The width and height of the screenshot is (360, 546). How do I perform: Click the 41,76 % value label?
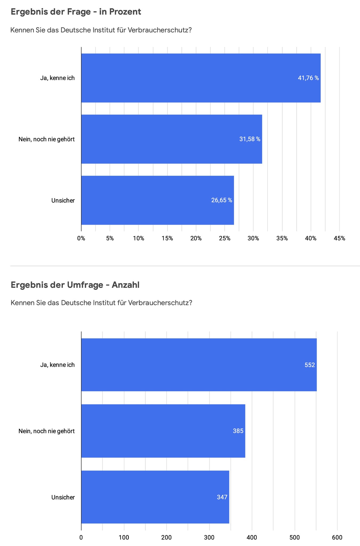(x=308, y=78)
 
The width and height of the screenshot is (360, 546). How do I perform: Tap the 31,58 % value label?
(x=249, y=139)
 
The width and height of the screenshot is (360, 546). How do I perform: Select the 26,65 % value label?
(x=221, y=200)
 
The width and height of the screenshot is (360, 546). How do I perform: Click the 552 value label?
(x=310, y=365)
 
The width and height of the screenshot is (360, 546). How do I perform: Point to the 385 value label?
(x=238, y=431)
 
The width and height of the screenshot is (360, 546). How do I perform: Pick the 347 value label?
(x=222, y=497)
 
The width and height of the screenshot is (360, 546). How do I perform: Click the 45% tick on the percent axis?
(x=339, y=239)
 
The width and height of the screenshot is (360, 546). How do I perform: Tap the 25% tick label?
(x=224, y=239)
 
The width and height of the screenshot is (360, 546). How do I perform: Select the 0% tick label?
(x=81, y=239)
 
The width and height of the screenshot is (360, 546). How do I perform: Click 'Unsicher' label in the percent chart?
(x=63, y=200)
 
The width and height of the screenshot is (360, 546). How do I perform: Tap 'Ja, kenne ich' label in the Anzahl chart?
(x=57, y=365)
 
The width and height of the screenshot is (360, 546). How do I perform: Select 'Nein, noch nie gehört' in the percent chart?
(x=46, y=139)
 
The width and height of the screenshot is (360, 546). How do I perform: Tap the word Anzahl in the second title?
(x=126, y=285)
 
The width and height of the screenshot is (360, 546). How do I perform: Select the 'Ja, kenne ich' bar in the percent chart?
(x=187, y=78)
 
